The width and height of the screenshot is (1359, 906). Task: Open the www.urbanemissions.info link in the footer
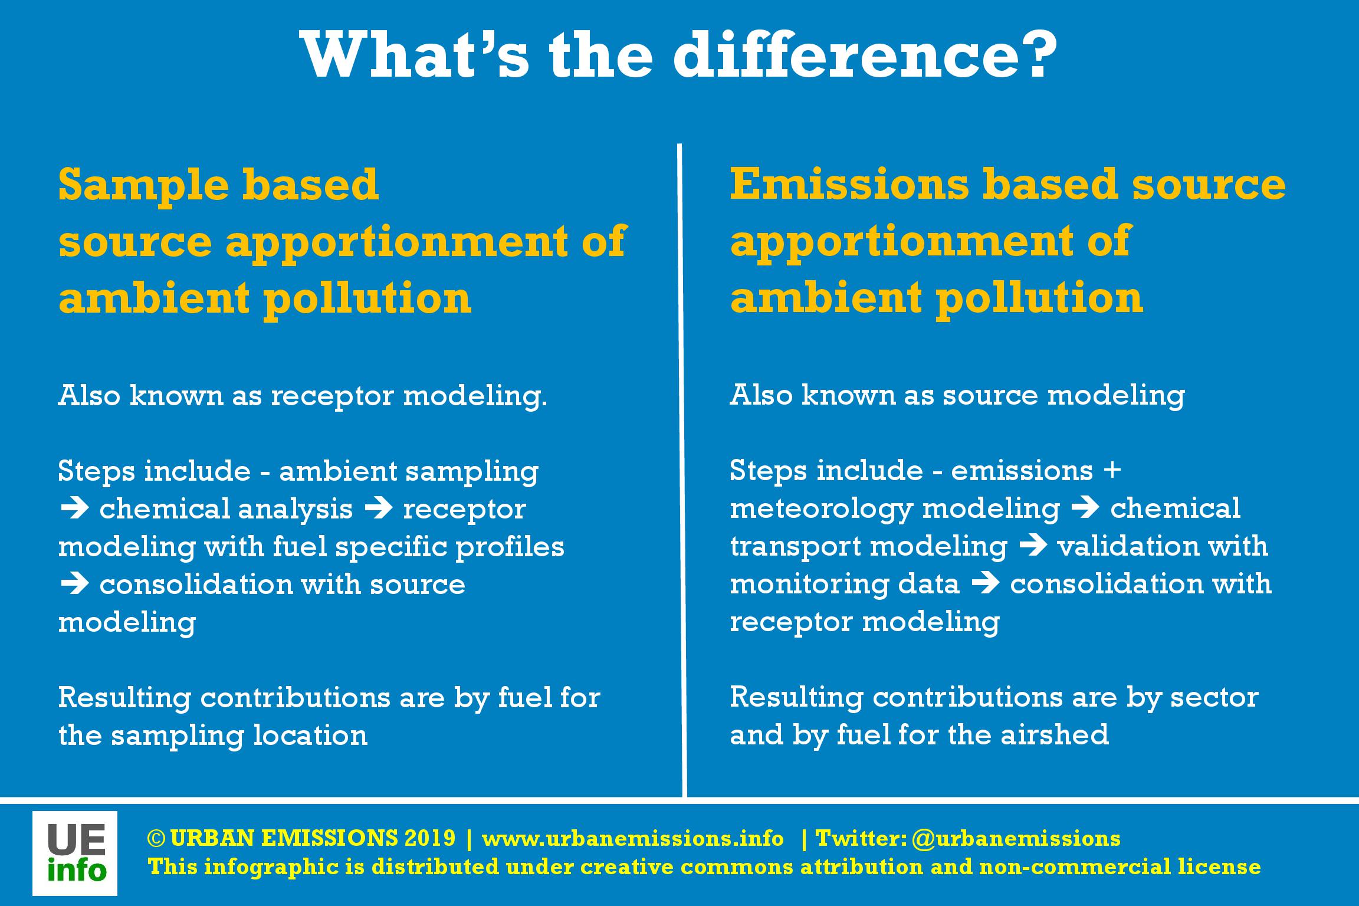tap(633, 838)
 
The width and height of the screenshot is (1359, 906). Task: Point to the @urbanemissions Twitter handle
tap(1016, 838)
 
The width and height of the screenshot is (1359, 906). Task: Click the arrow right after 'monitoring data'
tap(985, 585)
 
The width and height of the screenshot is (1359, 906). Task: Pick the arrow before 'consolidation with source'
tap(74, 585)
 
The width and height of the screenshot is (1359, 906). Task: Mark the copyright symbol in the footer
tap(156, 839)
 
